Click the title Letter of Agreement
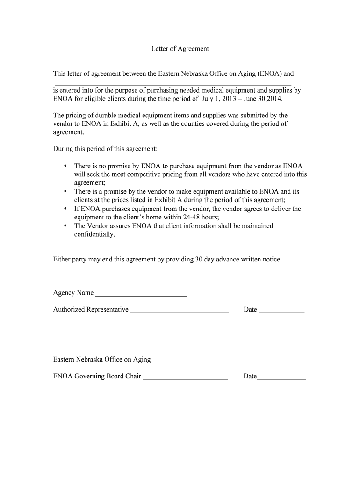[x=180, y=49]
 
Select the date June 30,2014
[x=265, y=99]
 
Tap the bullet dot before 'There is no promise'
[x=65, y=166]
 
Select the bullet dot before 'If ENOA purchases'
[x=65, y=209]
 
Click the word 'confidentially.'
[x=94, y=234]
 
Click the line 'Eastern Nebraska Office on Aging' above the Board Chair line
[x=102, y=359]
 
